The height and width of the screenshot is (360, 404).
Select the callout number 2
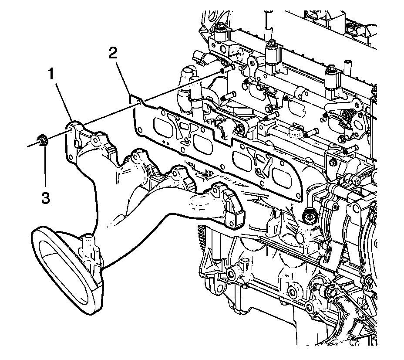113,54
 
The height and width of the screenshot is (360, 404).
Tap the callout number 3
45,197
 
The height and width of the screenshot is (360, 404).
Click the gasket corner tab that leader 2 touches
137,102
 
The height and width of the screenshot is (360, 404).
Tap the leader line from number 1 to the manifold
62,101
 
